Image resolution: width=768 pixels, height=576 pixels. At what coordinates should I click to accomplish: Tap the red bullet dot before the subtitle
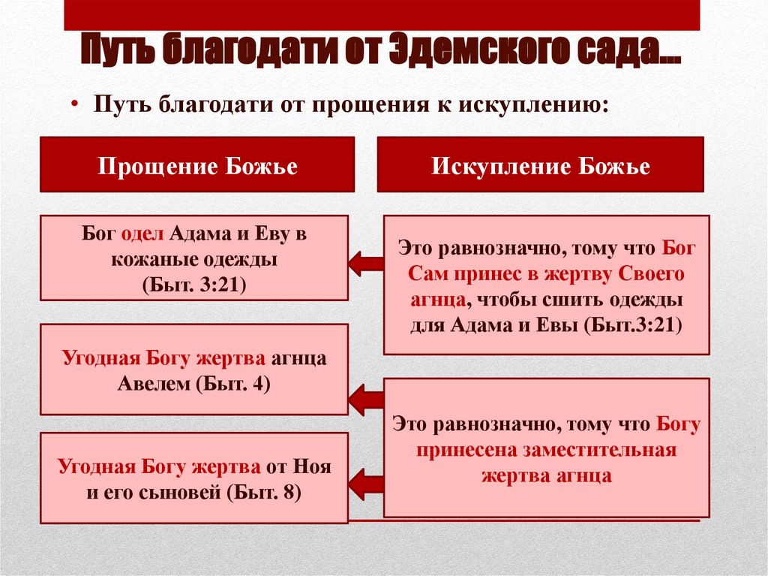pos(77,104)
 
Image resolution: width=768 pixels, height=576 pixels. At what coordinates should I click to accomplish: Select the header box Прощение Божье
pos(198,165)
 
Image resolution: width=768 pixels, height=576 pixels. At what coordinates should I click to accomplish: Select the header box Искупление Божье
pos(540,165)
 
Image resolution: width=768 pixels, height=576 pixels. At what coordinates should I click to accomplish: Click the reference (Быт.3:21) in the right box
pos(633,324)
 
